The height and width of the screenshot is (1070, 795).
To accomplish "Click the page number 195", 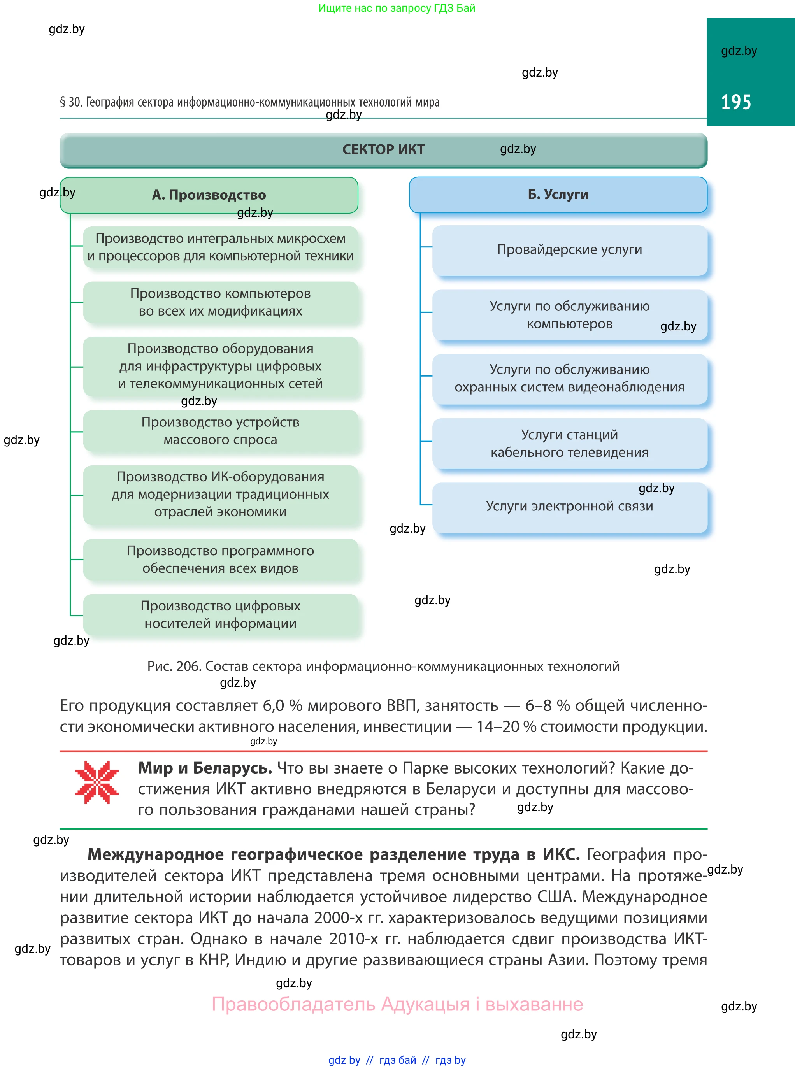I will click(736, 102).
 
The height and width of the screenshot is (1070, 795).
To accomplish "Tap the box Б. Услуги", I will click(558, 195).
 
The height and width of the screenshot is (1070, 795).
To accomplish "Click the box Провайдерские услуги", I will click(569, 250).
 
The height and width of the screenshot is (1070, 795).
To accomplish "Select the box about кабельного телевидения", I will click(569, 443).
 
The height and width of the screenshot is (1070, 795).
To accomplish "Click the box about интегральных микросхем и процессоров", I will click(220, 247).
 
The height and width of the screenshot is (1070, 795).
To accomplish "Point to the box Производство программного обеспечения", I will click(220, 559).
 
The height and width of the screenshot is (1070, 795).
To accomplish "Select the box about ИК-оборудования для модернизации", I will click(220, 494).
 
